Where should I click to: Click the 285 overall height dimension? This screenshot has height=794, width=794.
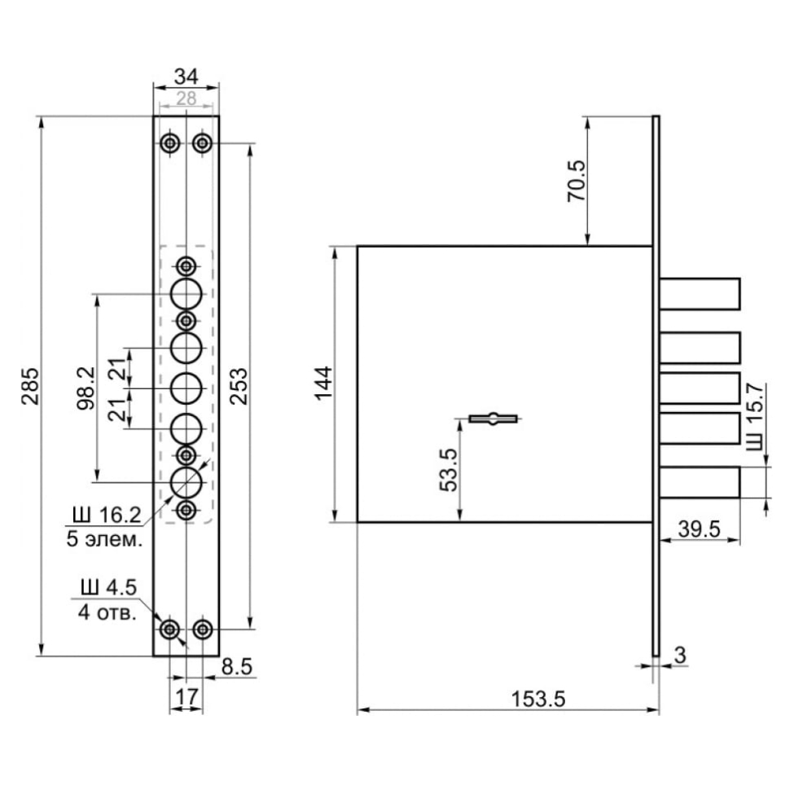click(30, 386)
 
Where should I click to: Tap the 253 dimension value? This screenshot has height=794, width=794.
click(239, 386)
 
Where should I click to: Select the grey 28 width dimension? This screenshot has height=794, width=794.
click(186, 99)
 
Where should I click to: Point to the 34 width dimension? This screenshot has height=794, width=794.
click(186, 77)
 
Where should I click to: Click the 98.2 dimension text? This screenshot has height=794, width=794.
click(86, 388)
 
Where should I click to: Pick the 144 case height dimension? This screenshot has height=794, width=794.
click(323, 383)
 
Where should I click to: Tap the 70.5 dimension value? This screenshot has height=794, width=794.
click(576, 181)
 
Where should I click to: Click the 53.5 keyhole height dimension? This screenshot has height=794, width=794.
click(449, 469)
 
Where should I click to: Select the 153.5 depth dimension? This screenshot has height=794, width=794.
click(537, 699)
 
